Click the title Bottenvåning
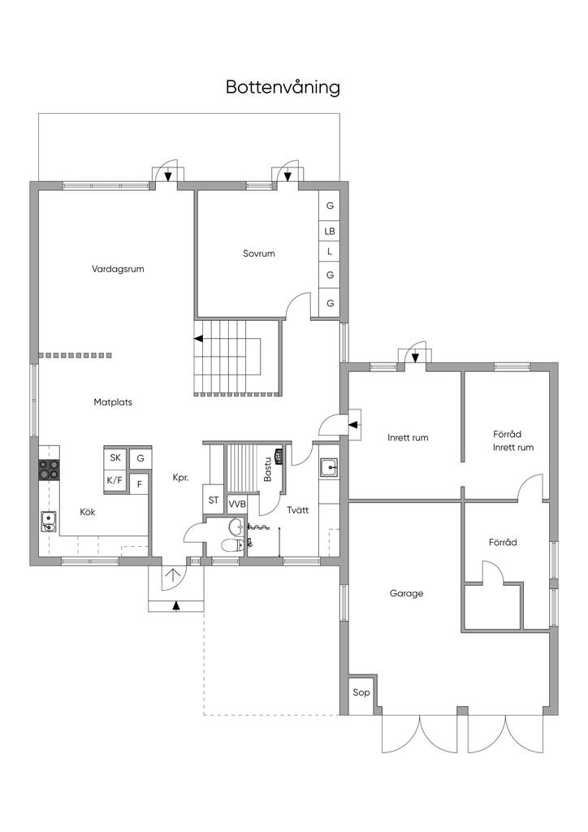(x=283, y=87)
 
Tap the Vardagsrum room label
(x=118, y=269)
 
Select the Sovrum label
(x=259, y=253)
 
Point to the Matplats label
(x=113, y=402)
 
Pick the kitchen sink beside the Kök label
(x=49, y=520)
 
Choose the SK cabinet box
(x=116, y=458)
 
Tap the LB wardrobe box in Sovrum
(x=329, y=232)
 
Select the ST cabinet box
(x=214, y=500)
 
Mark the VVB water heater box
(x=237, y=504)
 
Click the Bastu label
(x=268, y=469)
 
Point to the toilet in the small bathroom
(x=232, y=545)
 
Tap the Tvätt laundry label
(x=297, y=510)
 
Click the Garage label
(x=406, y=594)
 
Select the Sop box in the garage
(x=361, y=693)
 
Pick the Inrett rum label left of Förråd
(x=408, y=438)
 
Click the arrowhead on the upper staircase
(x=198, y=339)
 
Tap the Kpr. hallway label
(x=181, y=478)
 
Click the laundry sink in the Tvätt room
(x=329, y=467)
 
